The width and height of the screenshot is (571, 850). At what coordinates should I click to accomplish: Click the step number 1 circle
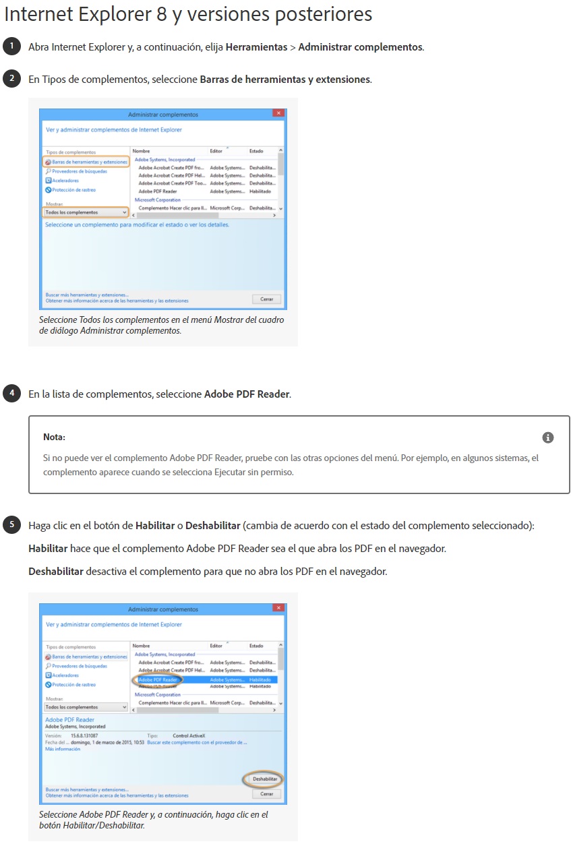12,47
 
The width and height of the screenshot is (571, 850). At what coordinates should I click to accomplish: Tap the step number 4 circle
12,393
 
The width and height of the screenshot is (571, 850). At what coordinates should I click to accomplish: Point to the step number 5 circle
12,524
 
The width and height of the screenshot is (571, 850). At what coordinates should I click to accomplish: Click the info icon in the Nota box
548,437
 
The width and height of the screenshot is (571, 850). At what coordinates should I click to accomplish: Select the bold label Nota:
54,437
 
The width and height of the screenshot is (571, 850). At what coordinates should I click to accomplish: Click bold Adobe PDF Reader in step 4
247,394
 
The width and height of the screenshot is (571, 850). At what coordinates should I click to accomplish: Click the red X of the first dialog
278,115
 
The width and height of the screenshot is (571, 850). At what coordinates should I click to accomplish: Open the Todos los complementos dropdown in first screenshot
86,212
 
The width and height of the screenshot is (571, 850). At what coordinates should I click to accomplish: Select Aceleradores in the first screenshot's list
65,181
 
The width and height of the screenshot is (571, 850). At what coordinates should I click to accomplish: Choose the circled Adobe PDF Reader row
154,679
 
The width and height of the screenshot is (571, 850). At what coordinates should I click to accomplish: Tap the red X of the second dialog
278,609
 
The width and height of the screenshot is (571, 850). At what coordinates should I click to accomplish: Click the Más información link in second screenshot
63,749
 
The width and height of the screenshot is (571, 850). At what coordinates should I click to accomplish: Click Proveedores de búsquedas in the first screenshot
80,171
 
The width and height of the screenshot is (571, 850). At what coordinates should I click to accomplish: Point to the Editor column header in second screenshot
216,646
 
